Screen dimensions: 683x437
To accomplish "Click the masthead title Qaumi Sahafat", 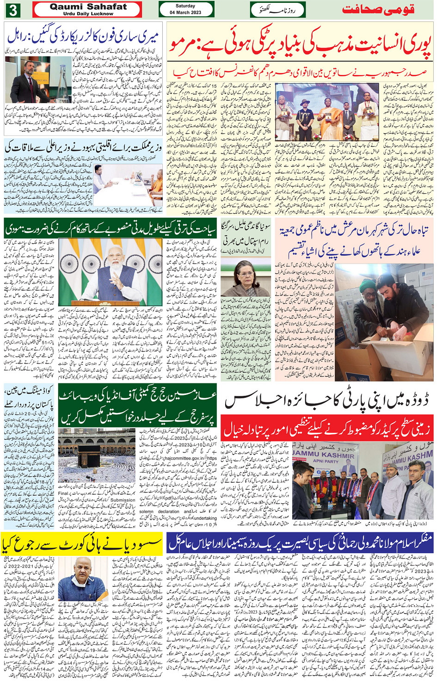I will [x=88, y=7].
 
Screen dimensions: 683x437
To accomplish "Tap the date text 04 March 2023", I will [x=185, y=12].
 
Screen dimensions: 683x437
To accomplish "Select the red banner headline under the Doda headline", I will [x=327, y=429].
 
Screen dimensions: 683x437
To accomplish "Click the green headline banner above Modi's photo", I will [x=110, y=229].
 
